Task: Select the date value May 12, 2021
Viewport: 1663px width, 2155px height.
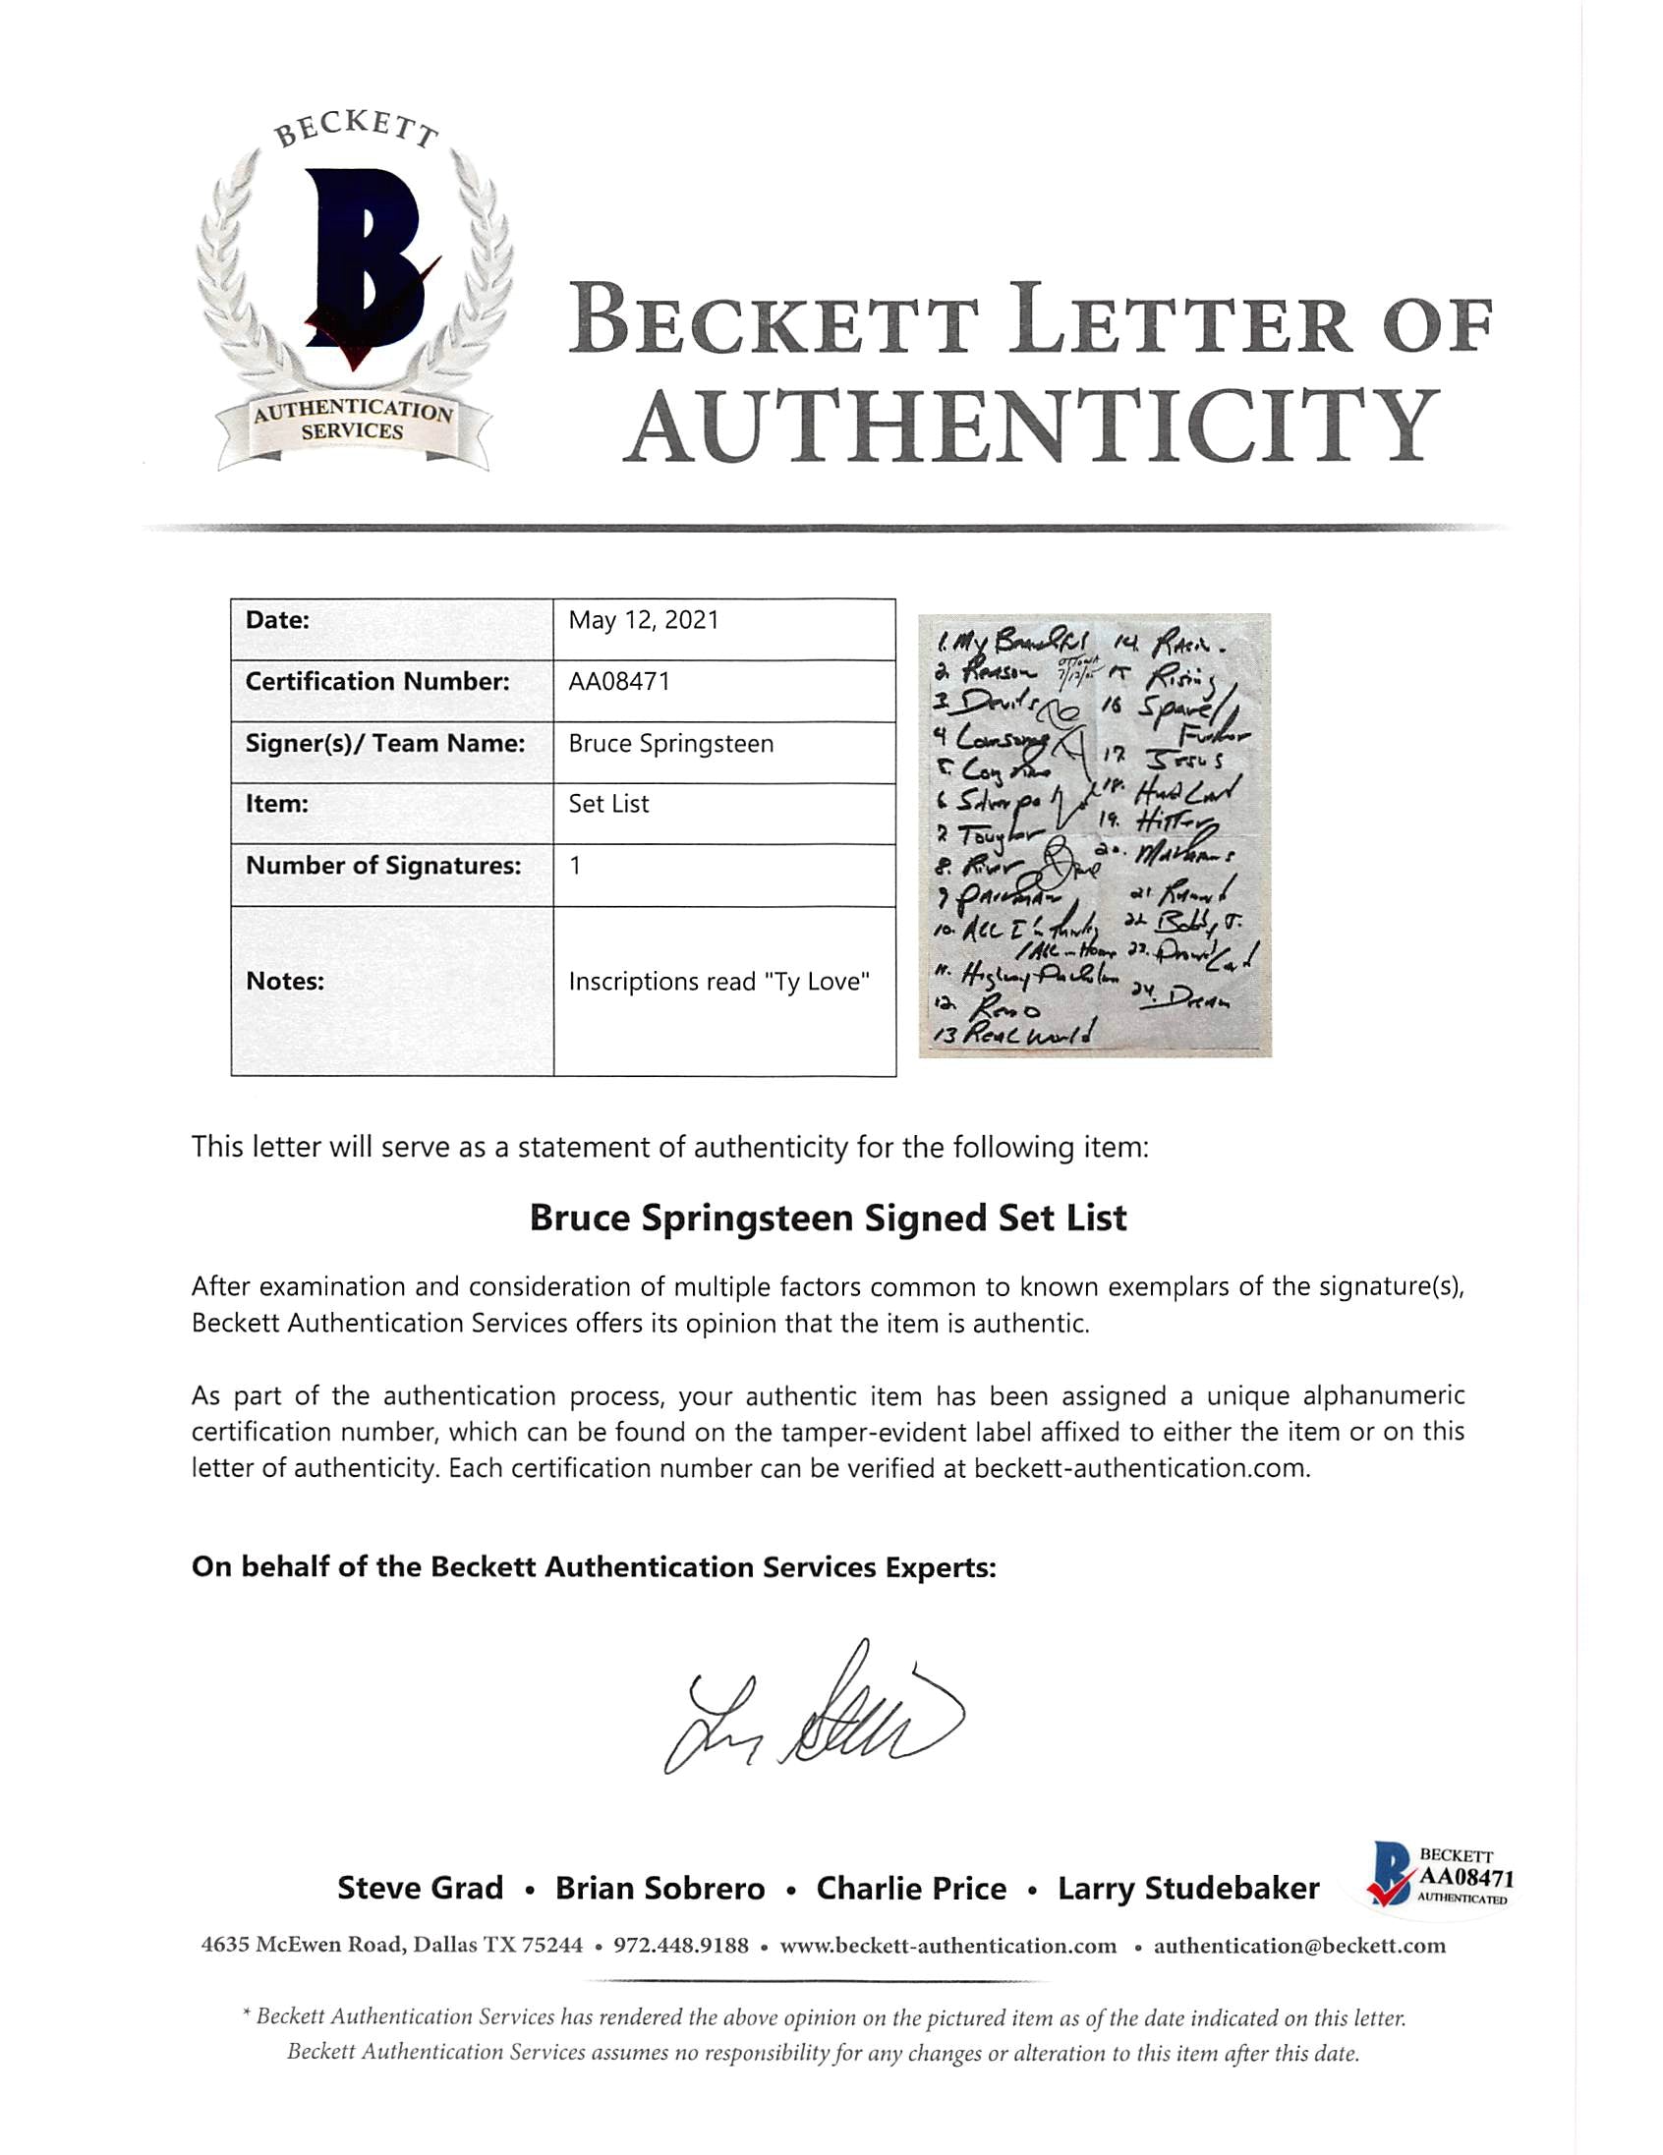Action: [x=644, y=621]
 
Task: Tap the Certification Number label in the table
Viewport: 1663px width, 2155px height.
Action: [x=377, y=682]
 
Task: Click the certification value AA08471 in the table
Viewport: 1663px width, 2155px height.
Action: [x=619, y=682]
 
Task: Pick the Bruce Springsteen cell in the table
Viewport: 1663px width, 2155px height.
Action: [x=670, y=743]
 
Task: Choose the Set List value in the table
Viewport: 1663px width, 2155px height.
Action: [x=608, y=804]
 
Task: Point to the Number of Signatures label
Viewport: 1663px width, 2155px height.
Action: [x=383, y=866]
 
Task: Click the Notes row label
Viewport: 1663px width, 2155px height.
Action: [x=285, y=981]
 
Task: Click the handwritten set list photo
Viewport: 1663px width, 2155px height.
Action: [x=1095, y=834]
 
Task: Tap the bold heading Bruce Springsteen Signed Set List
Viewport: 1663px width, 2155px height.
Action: [x=828, y=1218]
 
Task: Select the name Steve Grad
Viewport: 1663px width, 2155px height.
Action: [x=421, y=1888]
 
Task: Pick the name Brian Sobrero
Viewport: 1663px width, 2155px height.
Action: [x=659, y=1888]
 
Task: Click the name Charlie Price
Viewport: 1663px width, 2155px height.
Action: [x=911, y=1888]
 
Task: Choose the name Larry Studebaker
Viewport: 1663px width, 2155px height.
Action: [x=1188, y=1888]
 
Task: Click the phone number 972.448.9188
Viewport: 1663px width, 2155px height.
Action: [x=681, y=1945]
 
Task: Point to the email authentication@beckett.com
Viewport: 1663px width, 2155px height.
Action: [x=1298, y=1945]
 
